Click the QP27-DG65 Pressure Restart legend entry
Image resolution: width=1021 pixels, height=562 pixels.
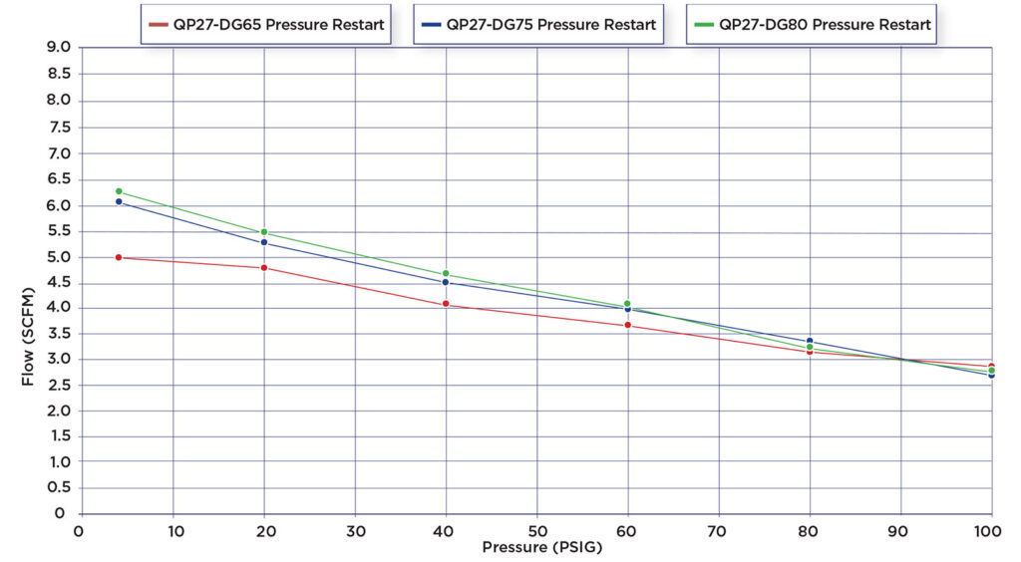266,25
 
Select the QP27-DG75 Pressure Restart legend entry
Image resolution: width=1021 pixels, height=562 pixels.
538,25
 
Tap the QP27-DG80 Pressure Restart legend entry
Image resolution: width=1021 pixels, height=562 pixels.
812,25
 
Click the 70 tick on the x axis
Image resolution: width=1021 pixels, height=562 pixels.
719,530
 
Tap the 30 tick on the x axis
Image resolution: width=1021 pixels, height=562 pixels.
355,530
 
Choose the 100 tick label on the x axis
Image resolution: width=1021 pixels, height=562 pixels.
989,530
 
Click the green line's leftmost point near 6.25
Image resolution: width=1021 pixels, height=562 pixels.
119,191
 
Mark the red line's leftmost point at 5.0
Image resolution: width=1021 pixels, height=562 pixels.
119,257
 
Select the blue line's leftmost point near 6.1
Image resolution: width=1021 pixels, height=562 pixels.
119,201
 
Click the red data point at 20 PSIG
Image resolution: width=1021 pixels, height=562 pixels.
264,268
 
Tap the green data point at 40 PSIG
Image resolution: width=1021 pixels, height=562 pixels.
446,274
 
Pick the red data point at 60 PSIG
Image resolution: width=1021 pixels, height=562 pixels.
628,325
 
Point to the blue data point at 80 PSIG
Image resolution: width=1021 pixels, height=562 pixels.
810,341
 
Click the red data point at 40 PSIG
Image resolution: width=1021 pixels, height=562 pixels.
446,304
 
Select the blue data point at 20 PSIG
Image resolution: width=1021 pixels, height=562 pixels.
264,242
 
